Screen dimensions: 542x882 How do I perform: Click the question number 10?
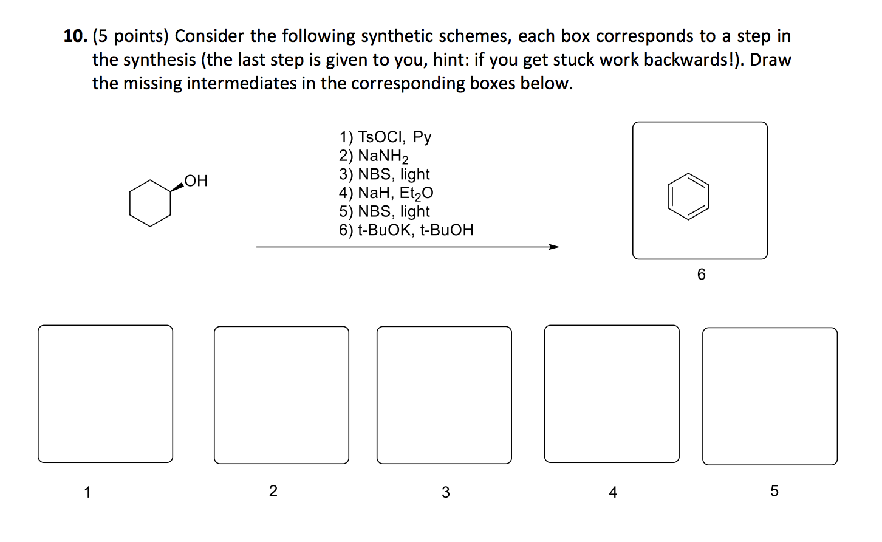point(75,36)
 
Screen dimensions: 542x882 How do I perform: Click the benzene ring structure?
point(688,196)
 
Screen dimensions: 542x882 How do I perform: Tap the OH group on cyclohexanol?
point(196,181)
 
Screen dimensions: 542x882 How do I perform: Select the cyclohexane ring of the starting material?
point(150,203)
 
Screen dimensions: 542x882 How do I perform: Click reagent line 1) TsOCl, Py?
point(385,137)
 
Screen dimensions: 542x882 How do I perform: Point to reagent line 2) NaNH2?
point(374,156)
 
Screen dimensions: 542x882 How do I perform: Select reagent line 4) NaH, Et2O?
point(386,193)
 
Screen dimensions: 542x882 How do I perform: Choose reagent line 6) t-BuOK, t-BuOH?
point(406,230)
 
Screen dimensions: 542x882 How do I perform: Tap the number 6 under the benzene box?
point(701,275)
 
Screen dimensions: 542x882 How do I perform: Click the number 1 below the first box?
point(87,492)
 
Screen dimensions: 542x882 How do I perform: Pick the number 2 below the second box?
point(273,491)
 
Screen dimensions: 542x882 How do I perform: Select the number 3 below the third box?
point(445,492)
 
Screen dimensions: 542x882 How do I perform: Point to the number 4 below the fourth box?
point(613,492)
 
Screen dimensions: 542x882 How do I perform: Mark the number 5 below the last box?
point(774,491)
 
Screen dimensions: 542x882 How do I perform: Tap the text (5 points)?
point(130,36)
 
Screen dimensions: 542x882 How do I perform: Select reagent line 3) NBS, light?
point(384,174)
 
